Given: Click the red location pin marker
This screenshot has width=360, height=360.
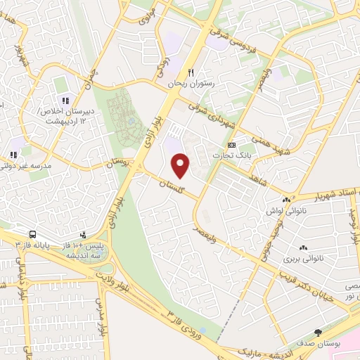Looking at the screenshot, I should pos(181,164).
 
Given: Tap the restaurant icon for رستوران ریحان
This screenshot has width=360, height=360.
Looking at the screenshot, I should pos(190,72).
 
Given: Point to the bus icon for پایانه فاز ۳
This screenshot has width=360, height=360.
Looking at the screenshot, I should pos(32,235).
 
